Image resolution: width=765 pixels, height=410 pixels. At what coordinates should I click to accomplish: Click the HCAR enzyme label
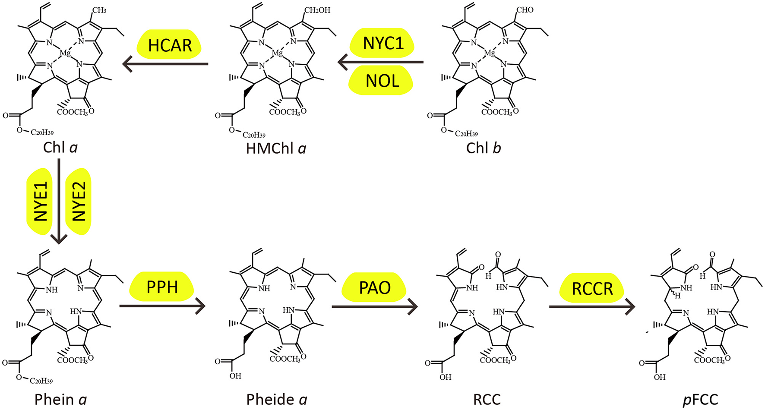(170, 45)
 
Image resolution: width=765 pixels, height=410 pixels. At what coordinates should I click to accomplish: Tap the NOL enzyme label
(382, 80)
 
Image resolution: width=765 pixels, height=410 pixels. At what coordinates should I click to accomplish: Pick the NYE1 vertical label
(41, 202)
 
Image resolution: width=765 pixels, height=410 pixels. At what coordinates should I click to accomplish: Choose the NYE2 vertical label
(79, 202)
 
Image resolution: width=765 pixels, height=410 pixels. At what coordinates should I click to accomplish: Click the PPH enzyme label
(162, 287)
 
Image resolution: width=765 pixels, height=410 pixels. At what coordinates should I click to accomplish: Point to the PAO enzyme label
(374, 287)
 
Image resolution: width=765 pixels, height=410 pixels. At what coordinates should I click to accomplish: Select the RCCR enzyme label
(592, 288)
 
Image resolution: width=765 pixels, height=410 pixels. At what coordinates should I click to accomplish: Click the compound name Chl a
(60, 148)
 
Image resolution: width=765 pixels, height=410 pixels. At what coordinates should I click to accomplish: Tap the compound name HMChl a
(276, 148)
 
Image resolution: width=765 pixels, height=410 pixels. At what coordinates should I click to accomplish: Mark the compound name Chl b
(484, 148)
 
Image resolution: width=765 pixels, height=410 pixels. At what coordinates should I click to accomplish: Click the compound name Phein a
(61, 399)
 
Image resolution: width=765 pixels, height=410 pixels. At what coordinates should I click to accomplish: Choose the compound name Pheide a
(277, 399)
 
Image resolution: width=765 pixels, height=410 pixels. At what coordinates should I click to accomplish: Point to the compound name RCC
(487, 399)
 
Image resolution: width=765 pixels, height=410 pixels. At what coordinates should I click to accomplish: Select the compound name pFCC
(700, 399)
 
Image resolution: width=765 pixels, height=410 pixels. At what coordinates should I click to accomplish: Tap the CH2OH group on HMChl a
(317, 10)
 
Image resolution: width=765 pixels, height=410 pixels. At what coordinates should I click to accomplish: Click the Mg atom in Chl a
(65, 53)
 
